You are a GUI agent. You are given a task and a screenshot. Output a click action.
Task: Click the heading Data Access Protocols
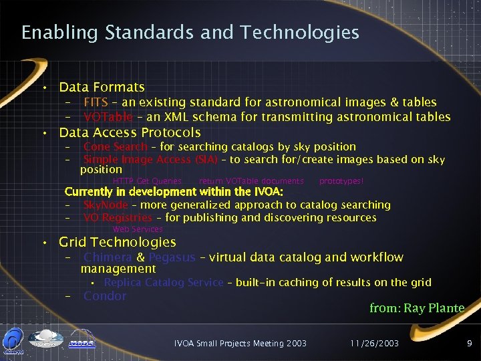130,132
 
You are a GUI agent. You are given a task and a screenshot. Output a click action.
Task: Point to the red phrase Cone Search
115,146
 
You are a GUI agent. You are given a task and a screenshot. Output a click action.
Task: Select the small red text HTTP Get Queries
147,180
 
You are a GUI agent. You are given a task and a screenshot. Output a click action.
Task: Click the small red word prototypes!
341,180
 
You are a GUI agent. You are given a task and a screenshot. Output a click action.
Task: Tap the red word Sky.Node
106,205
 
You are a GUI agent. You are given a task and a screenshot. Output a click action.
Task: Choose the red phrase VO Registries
118,217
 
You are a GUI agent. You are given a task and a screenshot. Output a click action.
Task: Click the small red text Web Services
138,229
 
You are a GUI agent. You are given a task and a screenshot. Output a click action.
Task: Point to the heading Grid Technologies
118,242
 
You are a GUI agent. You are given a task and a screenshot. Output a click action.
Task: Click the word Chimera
108,257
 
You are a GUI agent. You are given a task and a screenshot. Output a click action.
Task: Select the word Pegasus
172,257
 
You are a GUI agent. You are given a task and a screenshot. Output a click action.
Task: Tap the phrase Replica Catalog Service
163,282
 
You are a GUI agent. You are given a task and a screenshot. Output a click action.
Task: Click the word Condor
105,295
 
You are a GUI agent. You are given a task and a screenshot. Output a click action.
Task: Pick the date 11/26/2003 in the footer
375,343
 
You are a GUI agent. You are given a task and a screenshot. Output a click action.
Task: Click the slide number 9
470,343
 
